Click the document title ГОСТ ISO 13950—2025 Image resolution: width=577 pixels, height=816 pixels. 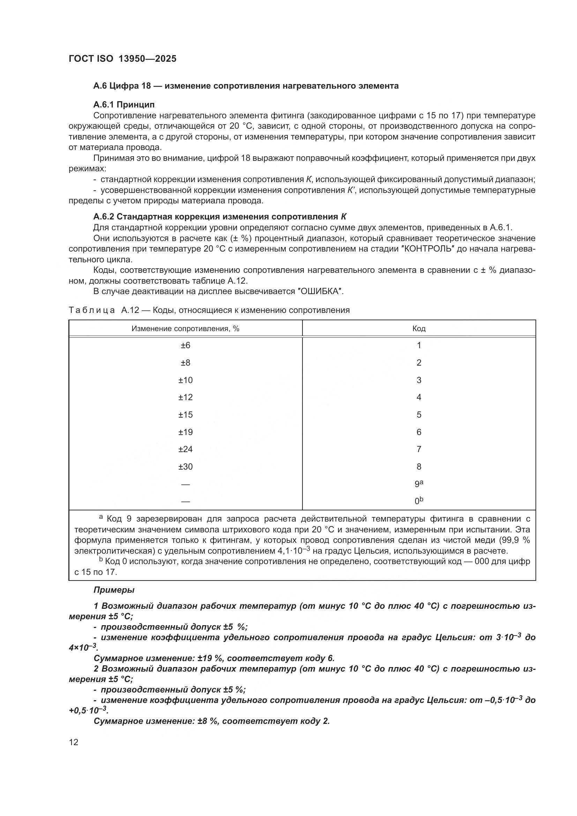pos(122,59)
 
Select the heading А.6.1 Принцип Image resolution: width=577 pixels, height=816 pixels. pos(124,105)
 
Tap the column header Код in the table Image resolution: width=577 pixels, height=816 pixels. pos(419,328)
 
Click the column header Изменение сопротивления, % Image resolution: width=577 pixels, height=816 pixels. pos(185,328)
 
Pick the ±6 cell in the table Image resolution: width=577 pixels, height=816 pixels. pos(185,345)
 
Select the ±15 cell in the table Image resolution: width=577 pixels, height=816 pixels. pos(185,414)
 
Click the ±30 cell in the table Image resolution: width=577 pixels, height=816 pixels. pos(185,467)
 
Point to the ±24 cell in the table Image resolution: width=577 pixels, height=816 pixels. pos(185,449)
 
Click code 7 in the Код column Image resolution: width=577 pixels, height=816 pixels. pos(419,449)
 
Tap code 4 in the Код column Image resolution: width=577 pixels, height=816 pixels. pos(419,397)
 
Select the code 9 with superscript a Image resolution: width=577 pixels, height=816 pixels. pos(419,484)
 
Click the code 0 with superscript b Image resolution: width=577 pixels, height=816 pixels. pos(419,501)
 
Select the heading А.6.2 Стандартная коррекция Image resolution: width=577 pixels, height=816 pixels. pos(220,217)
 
